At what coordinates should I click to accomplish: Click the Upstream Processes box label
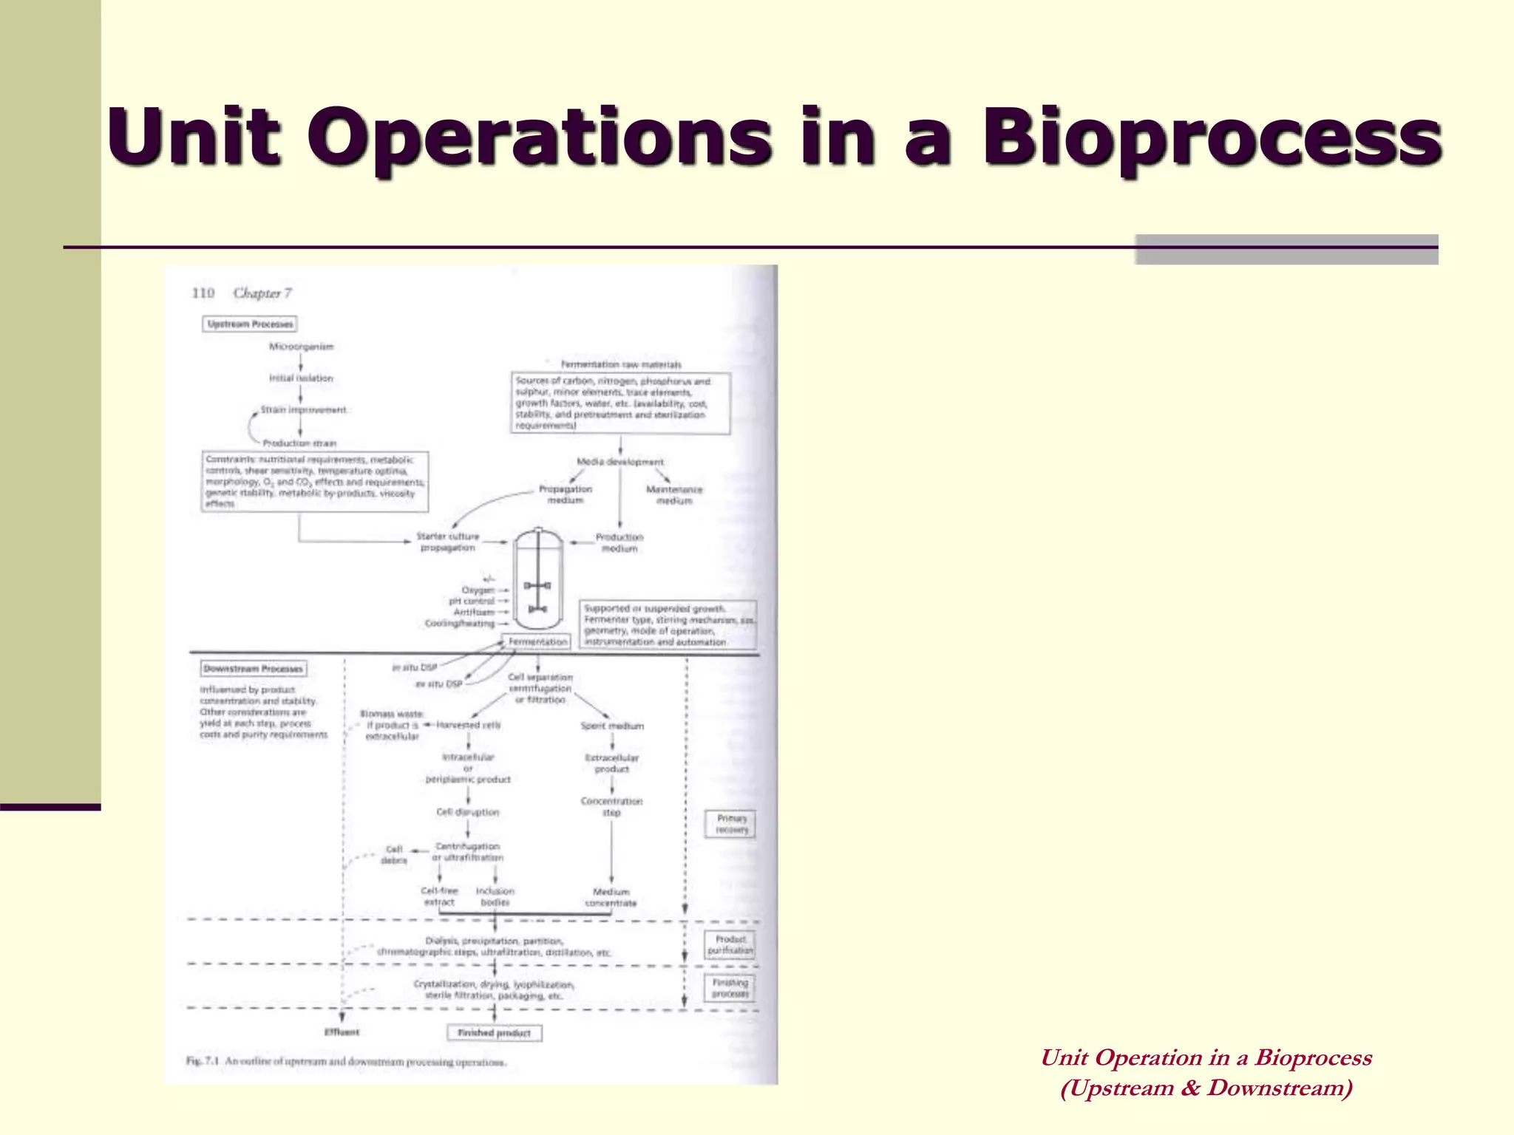click(250, 324)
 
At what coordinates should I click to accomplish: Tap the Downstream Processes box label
click(254, 669)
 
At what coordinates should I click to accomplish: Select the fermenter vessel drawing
click(538, 579)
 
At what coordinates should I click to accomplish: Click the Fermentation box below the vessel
click(537, 642)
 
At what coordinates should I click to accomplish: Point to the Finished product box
click(494, 1033)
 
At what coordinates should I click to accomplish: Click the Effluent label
click(342, 1032)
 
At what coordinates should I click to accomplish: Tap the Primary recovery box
click(730, 824)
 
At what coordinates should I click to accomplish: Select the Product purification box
click(730, 945)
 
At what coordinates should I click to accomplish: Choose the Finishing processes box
click(730, 989)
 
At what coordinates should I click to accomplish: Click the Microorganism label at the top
click(301, 347)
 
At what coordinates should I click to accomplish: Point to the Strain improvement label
click(303, 410)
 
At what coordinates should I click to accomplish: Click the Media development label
click(620, 462)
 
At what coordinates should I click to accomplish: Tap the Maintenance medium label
click(673, 495)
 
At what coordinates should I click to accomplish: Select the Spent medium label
click(612, 726)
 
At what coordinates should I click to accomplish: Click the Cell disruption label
click(467, 812)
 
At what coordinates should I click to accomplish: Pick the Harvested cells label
click(468, 725)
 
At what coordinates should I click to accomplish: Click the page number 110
click(203, 293)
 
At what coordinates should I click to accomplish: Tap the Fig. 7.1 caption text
click(346, 1062)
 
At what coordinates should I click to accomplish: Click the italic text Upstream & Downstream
click(1206, 1088)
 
